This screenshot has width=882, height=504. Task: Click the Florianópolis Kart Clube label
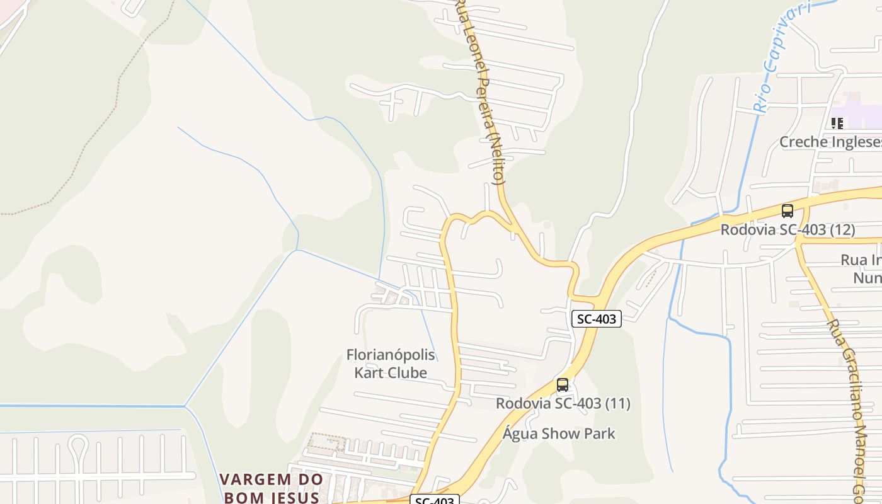point(391,364)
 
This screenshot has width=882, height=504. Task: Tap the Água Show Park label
point(559,433)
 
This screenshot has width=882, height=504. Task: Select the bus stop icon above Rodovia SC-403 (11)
point(563,384)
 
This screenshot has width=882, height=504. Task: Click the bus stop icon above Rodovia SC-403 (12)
point(787,211)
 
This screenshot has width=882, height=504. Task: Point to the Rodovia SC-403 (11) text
point(563,403)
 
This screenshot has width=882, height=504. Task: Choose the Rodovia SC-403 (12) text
point(787,230)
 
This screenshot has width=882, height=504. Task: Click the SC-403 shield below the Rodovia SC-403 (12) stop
point(597,319)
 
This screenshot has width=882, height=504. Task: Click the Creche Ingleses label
point(830,142)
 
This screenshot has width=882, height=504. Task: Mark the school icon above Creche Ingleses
point(837,123)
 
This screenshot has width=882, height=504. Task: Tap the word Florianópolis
point(391,355)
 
